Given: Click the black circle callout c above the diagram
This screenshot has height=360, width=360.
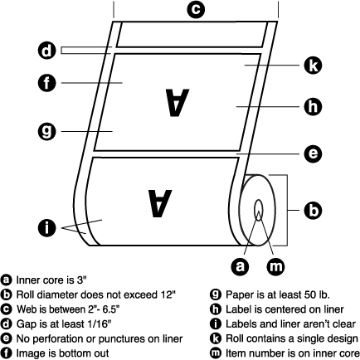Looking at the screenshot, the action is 196,9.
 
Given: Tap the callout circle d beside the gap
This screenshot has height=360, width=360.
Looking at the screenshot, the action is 46,51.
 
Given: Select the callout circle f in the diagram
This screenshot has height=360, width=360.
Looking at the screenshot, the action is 46,83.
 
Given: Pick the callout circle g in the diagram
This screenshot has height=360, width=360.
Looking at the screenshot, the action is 46,131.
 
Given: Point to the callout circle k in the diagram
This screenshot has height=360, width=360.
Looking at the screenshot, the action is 313,66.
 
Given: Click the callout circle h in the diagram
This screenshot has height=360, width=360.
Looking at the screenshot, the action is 313,106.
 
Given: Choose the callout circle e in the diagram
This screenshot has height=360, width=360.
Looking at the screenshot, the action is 313,153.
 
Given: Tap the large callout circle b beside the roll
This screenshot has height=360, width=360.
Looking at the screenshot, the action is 313,211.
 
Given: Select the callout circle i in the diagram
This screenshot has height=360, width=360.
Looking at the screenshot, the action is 46,228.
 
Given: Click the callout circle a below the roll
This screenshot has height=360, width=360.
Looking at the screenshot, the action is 240,266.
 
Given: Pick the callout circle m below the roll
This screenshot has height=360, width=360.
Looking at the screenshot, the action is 275,266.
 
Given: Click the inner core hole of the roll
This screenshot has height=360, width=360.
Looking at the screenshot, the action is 259,210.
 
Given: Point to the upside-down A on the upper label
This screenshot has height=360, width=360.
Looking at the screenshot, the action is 178,102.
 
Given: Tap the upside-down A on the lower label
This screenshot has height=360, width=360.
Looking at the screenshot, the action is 160,203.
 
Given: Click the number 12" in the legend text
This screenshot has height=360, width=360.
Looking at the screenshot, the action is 168,294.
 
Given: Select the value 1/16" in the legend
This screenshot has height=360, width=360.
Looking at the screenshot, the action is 98,324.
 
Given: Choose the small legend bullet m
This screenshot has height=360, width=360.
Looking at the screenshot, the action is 216,353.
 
